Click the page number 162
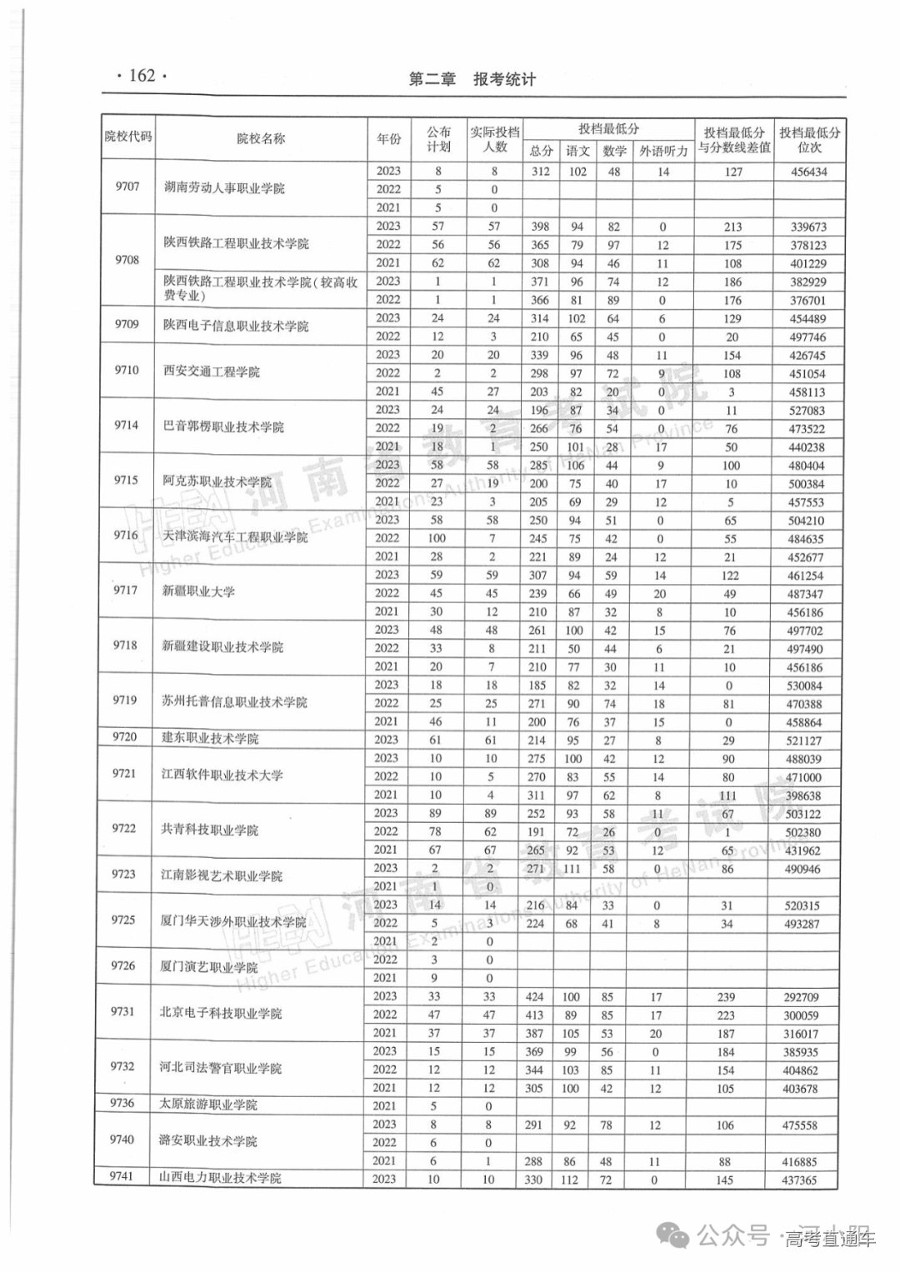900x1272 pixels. tap(142, 76)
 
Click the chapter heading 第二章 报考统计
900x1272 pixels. tap(472, 80)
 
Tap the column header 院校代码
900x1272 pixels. tap(128, 137)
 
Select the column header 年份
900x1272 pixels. tap(388, 138)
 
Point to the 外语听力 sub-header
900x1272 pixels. tap(663, 151)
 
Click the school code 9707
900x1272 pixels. tap(127, 187)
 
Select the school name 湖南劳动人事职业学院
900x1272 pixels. tap(223, 188)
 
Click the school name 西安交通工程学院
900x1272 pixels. tap(211, 372)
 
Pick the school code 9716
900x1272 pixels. tap(126, 535)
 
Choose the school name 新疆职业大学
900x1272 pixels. tap(198, 591)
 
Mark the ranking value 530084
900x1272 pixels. tap(803, 686)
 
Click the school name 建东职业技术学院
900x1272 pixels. tap(209, 738)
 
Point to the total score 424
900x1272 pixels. tap(535, 996)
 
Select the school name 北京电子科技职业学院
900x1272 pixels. tap(220, 1014)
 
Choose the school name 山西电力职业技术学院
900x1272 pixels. tap(219, 1178)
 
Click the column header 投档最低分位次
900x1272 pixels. tap(809, 140)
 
